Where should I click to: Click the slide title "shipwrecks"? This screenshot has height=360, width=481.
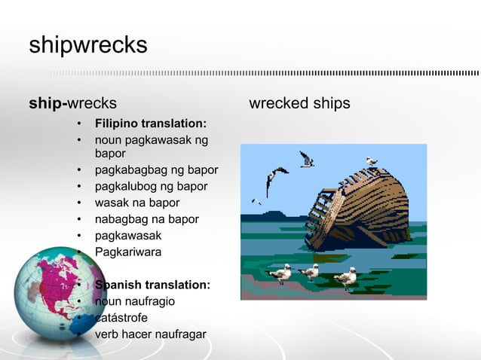click(x=87, y=46)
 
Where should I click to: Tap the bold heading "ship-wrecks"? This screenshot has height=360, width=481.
click(x=72, y=103)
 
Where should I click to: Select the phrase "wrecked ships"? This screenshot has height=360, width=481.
click(x=299, y=103)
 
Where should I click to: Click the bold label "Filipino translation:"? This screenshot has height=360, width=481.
click(x=150, y=124)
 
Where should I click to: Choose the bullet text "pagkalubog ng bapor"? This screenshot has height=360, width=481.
click(x=151, y=186)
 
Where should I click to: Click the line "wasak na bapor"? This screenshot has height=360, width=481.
click(x=136, y=203)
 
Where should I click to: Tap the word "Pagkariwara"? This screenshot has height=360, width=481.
click(x=127, y=252)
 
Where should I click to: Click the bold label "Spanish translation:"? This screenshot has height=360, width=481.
click(x=152, y=285)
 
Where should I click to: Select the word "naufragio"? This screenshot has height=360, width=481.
click(x=151, y=301)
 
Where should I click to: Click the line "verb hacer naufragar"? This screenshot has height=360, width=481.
click(x=150, y=334)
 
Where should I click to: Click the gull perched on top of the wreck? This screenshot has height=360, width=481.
click(x=371, y=161)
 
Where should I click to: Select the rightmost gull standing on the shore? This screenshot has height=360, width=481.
click(x=346, y=277)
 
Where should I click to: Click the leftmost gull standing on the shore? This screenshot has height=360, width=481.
click(x=280, y=273)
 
